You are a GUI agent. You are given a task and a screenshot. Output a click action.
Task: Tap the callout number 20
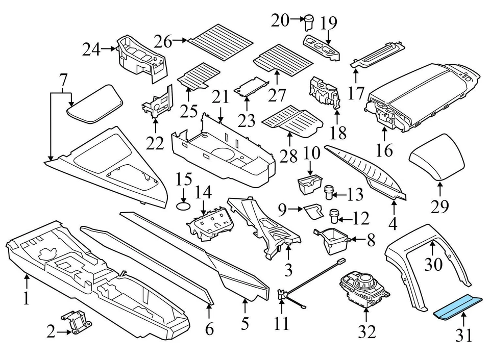(280, 20)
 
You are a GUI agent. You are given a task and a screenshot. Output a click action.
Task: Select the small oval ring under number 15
(184, 206)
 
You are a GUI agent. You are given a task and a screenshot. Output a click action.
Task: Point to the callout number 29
(440, 207)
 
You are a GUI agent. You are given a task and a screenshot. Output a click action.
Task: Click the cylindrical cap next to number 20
(308, 23)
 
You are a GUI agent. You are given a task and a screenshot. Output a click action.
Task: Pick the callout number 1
(27, 298)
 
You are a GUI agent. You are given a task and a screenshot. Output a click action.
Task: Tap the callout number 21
(221, 97)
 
